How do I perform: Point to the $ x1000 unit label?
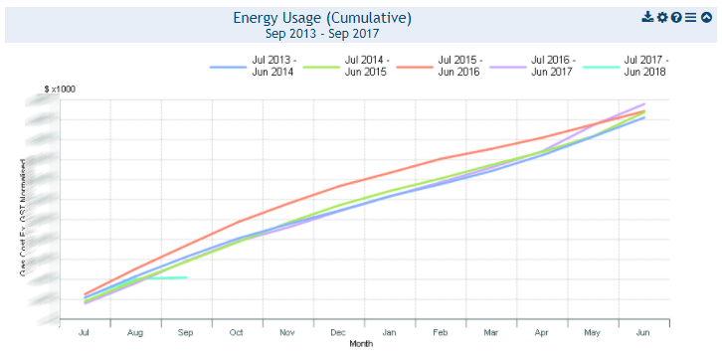click(60, 90)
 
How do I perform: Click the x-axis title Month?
click(362, 344)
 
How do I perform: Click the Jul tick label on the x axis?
click(86, 333)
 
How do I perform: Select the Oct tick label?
click(237, 333)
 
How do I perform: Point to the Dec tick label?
click(338, 333)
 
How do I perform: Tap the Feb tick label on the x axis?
click(440, 333)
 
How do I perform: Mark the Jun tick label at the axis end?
click(643, 333)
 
